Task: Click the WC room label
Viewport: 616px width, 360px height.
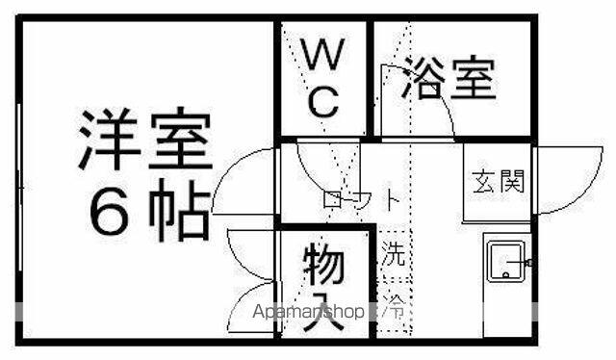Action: point(323,78)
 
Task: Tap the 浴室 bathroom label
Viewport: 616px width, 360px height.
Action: point(449,78)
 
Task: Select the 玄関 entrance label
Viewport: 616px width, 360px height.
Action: point(499,182)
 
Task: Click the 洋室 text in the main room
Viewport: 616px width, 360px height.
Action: point(144,139)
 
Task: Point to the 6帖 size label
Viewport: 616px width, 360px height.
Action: point(149,210)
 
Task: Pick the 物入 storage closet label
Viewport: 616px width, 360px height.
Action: point(324,286)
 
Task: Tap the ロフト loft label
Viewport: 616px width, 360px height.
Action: point(361,199)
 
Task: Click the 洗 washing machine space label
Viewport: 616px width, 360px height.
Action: point(394,253)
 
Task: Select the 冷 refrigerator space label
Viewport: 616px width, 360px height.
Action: point(394,305)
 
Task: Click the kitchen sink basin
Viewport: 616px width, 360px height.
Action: point(505,261)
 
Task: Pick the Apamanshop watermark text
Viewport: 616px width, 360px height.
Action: point(308,312)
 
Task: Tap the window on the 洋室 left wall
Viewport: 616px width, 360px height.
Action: point(19,187)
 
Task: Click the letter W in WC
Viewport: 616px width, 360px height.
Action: point(323,54)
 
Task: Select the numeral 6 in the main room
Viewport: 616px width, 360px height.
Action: point(109,212)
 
